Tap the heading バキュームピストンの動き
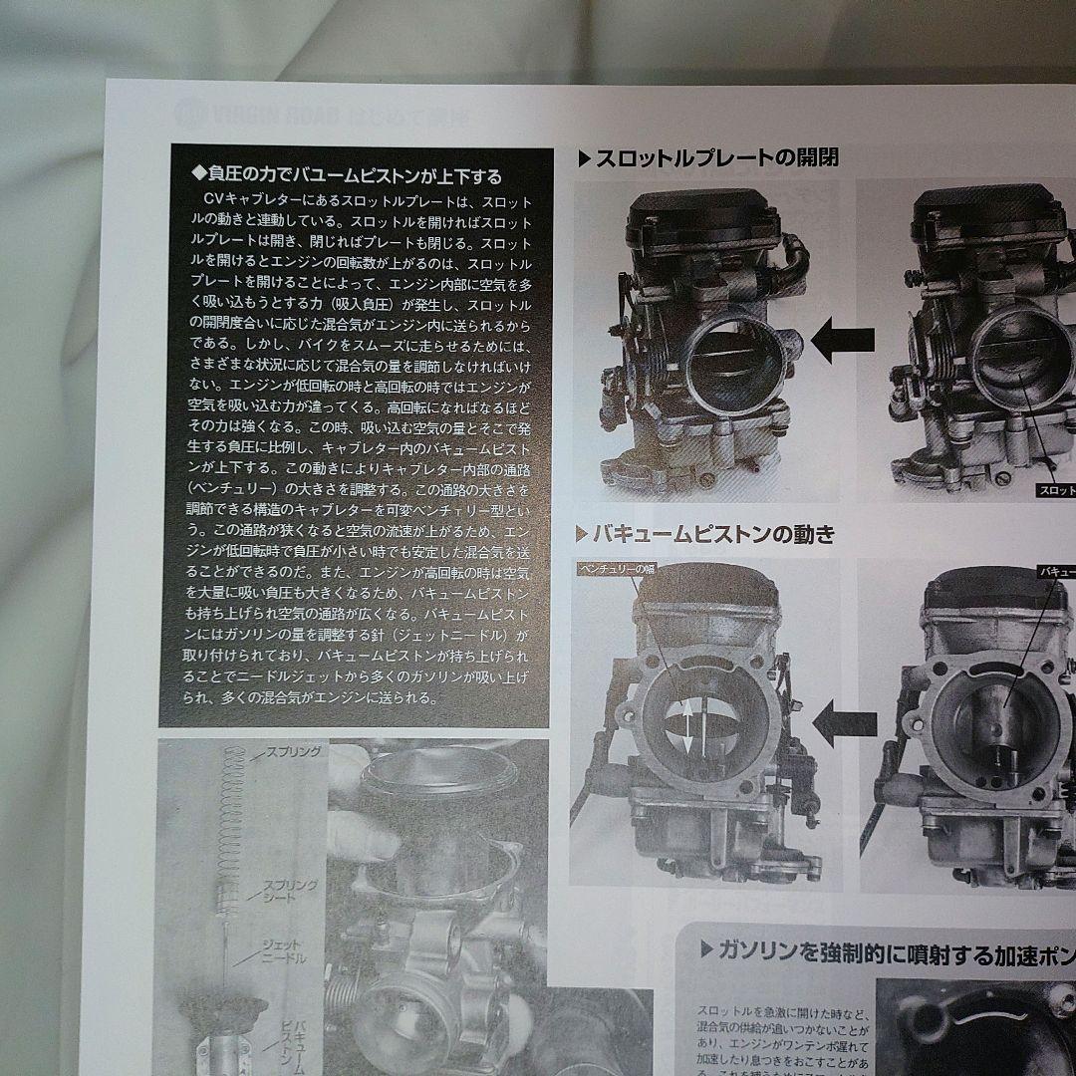[x=713, y=534]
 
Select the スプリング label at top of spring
[x=291, y=752]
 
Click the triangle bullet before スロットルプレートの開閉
[x=585, y=158]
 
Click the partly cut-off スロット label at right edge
[x=1055, y=490]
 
